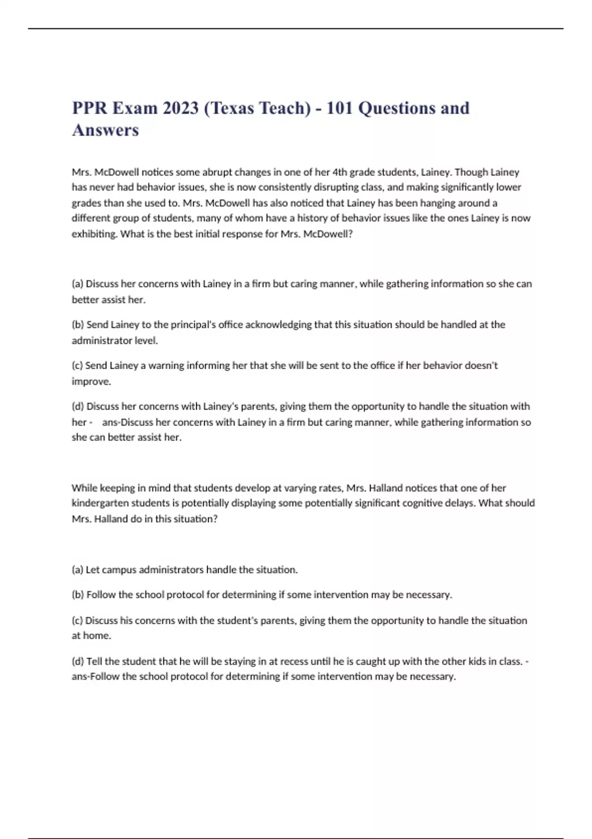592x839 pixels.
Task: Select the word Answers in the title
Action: [x=106, y=130]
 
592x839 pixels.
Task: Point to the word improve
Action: [x=91, y=381]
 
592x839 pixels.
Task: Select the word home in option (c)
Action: [x=98, y=636]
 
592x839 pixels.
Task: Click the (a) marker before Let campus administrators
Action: [x=77, y=570]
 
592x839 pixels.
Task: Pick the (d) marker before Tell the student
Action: [x=78, y=661]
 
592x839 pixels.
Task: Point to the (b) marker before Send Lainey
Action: [x=78, y=325]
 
